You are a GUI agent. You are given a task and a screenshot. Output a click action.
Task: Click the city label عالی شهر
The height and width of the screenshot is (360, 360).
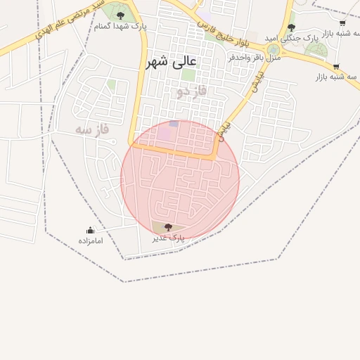point(172,62)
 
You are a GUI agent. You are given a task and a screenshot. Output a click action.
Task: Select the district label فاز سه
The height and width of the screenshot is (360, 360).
point(94,129)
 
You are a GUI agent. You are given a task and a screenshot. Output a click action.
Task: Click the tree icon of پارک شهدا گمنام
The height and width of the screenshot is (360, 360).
point(120,15)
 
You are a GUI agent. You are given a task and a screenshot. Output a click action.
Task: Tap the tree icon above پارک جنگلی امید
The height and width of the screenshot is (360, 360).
point(291,27)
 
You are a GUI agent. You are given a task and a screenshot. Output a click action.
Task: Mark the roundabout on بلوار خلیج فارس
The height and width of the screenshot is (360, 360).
point(273,49)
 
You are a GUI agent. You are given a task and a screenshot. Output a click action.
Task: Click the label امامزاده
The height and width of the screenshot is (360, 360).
point(90,240)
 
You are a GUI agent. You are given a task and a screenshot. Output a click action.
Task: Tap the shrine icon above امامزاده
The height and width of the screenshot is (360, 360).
point(90,230)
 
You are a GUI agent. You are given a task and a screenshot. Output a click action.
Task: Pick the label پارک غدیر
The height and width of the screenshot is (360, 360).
point(168,238)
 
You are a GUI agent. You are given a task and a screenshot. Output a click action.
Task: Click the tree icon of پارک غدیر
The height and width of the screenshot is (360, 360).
point(168,227)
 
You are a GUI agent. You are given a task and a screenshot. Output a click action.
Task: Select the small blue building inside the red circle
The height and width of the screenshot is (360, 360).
point(174,123)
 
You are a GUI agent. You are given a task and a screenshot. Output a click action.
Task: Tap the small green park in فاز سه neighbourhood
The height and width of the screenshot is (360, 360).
point(111,84)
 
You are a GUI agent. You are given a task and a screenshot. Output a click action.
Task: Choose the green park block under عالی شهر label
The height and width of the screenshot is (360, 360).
point(188,75)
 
